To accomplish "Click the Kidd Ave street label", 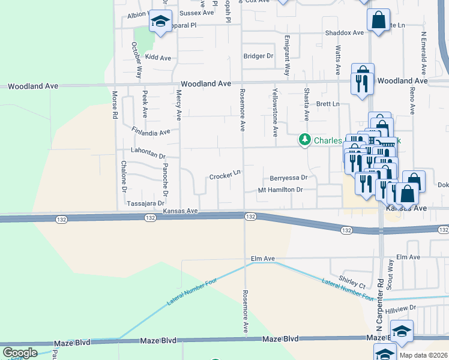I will click(x=158, y=58).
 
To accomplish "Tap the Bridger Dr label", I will click(x=258, y=56).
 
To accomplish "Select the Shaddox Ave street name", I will click(x=345, y=33).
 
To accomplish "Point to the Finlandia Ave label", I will click(x=151, y=130).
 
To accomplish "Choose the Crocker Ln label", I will click(x=224, y=175).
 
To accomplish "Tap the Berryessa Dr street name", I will click(x=288, y=178).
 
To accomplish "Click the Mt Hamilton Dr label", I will click(x=279, y=190).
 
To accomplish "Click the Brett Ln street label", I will click(x=328, y=104).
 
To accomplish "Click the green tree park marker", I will click(x=305, y=140).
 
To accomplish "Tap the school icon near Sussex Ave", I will click(x=160, y=22).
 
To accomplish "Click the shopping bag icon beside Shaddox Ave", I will click(x=379, y=19).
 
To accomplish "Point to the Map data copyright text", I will click(x=423, y=355).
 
